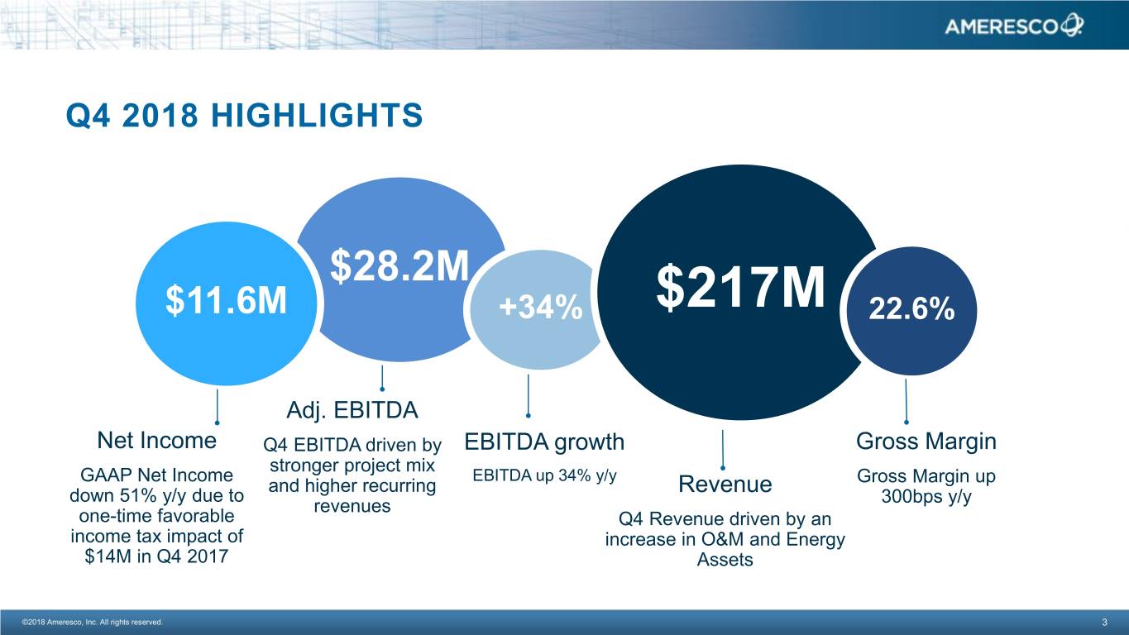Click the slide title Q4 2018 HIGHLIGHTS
(x=244, y=117)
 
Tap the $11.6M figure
(x=226, y=302)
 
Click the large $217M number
(x=741, y=289)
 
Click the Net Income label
(x=157, y=440)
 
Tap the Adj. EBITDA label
(x=352, y=410)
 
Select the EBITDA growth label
(x=544, y=442)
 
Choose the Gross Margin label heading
(x=926, y=442)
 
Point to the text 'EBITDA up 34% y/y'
(x=544, y=475)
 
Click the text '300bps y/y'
(x=926, y=498)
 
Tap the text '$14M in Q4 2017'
(x=156, y=556)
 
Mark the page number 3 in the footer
(x=1104, y=622)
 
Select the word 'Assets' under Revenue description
(x=725, y=561)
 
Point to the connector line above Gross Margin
(x=907, y=401)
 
